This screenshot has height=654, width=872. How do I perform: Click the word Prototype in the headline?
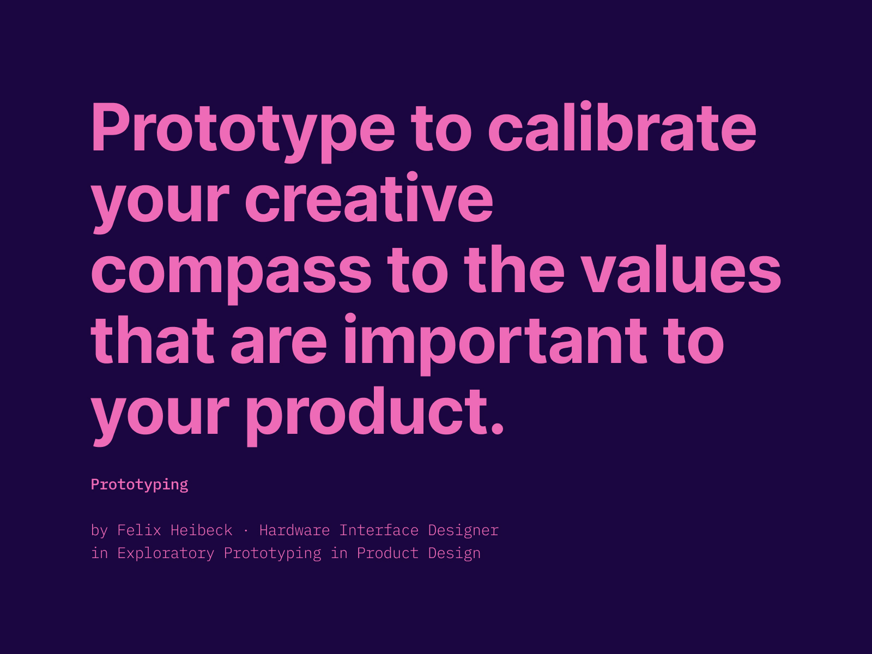243,129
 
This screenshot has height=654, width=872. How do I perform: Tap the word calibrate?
622,129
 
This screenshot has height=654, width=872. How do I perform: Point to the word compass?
231,270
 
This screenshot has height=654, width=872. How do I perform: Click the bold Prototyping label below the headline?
140,485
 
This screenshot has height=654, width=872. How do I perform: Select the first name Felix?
139,530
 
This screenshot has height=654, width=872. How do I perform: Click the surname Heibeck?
201,530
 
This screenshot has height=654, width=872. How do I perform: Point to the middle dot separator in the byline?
246,530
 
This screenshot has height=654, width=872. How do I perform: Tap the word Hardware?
294,530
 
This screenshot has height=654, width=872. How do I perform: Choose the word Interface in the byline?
379,530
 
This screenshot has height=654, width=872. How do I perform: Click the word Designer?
463,530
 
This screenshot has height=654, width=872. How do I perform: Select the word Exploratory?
166,553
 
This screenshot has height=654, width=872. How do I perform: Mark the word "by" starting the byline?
99,530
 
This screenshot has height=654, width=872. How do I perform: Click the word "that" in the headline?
153,341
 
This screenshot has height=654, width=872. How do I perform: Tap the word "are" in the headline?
278,341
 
